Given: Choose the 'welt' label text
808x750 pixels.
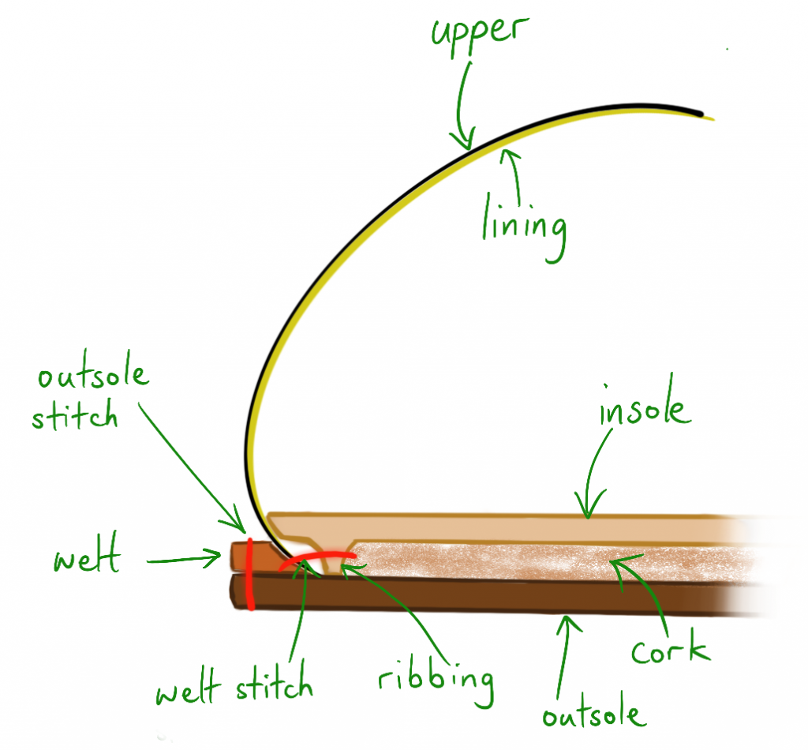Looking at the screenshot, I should click(x=87, y=560).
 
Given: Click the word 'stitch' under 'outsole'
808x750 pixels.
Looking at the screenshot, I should click(x=75, y=415).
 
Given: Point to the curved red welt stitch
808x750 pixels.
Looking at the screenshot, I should click(x=316, y=558).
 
